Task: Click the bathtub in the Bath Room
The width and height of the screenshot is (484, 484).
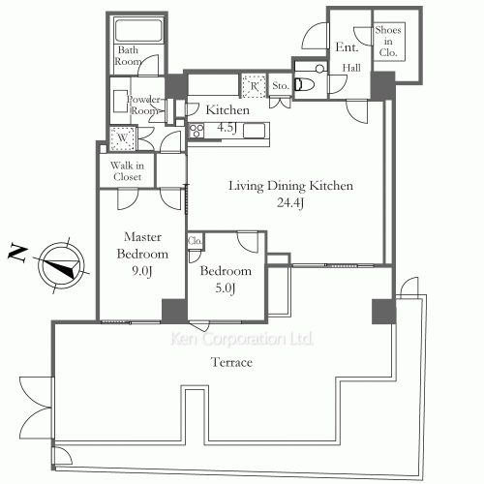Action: [x=138, y=31]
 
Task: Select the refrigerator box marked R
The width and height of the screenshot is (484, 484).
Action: [x=255, y=86]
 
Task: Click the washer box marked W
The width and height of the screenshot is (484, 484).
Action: [x=122, y=138]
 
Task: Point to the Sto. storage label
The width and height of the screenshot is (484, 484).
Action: [x=280, y=85]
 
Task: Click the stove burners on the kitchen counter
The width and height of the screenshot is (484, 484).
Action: [x=197, y=131]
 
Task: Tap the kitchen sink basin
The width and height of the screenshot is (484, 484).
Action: [x=254, y=131]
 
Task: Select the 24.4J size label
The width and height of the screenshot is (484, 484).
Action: [x=290, y=202]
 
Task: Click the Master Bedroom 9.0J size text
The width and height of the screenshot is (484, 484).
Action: [x=141, y=271]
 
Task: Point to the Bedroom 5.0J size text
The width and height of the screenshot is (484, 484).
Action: [x=226, y=287]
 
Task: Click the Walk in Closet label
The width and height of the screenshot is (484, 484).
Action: [x=127, y=171]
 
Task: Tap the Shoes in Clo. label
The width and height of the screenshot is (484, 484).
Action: [x=388, y=41]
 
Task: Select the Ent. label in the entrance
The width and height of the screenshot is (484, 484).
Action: [x=347, y=47]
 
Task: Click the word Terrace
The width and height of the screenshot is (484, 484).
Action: [x=231, y=362]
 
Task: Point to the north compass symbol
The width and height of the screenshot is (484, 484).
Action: [x=61, y=266]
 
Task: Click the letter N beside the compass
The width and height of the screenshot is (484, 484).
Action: [x=17, y=253]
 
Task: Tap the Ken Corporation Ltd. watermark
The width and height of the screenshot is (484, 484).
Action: [x=242, y=339]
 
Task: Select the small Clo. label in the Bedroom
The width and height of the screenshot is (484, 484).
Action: [x=195, y=241]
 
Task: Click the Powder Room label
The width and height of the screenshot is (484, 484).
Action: [x=144, y=105]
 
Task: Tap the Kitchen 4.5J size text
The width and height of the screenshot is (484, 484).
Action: [x=227, y=127]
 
